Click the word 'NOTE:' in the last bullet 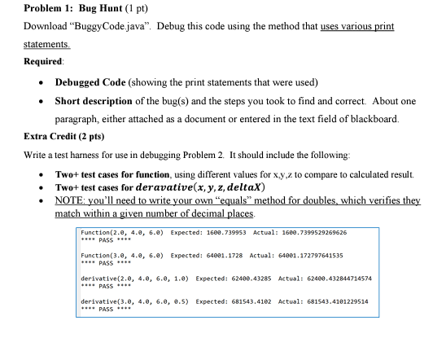[x=72, y=201]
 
